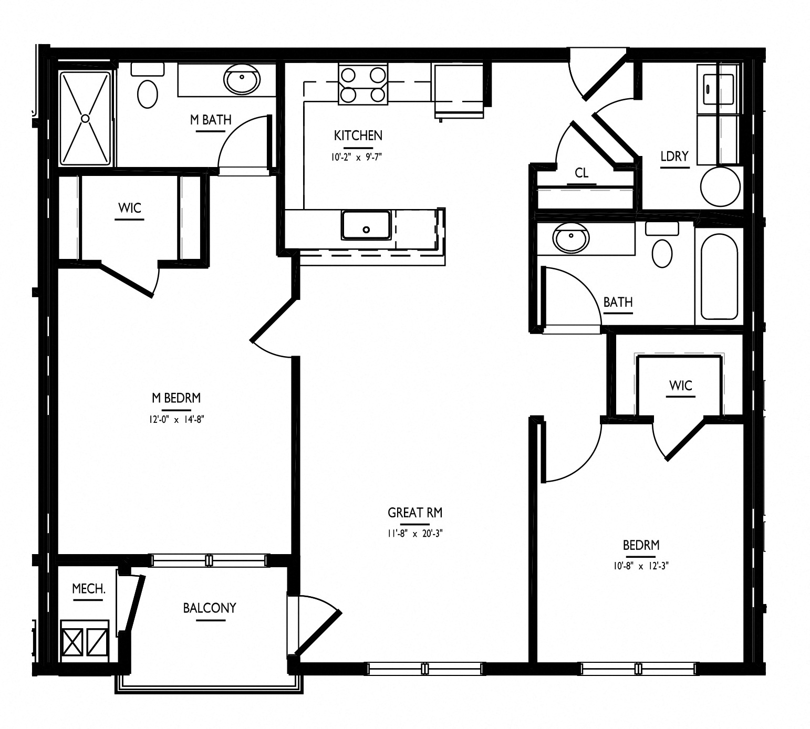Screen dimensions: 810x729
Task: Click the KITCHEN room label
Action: pyautogui.click(x=358, y=136)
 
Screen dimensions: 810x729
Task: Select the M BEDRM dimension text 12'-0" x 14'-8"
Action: pyautogui.click(x=176, y=419)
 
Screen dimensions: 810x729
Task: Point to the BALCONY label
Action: pyautogui.click(x=210, y=608)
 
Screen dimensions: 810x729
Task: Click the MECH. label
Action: pyautogui.click(x=89, y=589)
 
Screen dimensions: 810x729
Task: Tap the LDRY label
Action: pyautogui.click(x=674, y=156)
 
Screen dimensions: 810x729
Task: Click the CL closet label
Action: pyautogui.click(x=581, y=173)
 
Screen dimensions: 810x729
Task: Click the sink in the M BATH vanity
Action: pyautogui.click(x=242, y=80)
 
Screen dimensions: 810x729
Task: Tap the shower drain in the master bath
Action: pyautogui.click(x=85, y=119)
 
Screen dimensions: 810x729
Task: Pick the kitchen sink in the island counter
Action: pyautogui.click(x=366, y=225)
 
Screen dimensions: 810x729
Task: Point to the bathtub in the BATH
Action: pyautogui.click(x=719, y=277)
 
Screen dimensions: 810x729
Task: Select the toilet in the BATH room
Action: pyautogui.click(x=662, y=246)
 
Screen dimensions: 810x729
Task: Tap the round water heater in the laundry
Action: pyautogui.click(x=720, y=186)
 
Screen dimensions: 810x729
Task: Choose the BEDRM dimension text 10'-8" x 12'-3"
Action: pyautogui.click(x=641, y=566)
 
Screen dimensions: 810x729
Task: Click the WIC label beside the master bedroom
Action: pyautogui.click(x=130, y=208)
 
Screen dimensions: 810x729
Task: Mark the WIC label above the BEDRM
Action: pyautogui.click(x=681, y=386)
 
